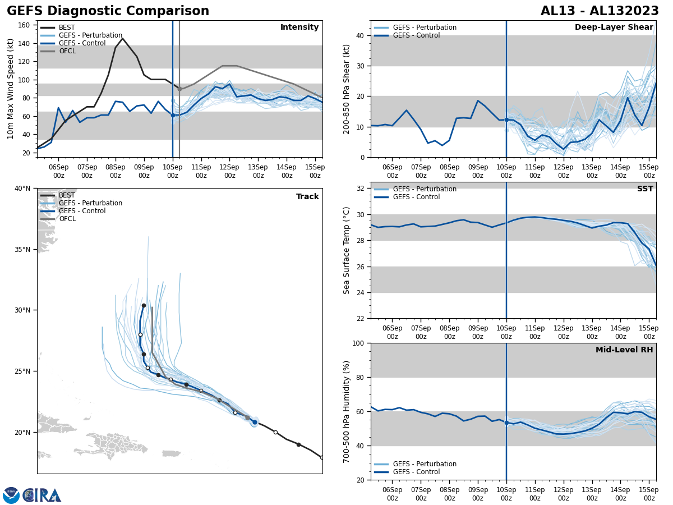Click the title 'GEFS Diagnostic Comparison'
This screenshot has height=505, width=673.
tap(108, 11)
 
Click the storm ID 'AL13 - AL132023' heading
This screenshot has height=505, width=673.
tap(598, 11)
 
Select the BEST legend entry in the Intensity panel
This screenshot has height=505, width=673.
tap(66, 27)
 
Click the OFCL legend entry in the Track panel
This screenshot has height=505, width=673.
tap(67, 219)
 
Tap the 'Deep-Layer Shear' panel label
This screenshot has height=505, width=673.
tap(614, 27)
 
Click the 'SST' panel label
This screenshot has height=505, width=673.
tap(645, 189)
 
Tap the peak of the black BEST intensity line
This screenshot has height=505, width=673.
tap(122, 39)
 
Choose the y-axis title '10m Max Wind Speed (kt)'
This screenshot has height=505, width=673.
tap(11, 89)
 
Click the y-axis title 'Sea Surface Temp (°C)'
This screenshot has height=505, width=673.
tap(347, 250)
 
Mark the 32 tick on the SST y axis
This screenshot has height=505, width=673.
tap(361, 189)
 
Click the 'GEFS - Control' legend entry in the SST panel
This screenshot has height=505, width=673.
tap(416, 197)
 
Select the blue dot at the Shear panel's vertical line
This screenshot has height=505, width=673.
tap(506, 120)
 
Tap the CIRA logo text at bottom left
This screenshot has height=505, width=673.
tap(42, 495)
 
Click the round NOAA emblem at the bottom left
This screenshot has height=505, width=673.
tap(11, 495)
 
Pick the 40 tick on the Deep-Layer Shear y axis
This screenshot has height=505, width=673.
tap(361, 36)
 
